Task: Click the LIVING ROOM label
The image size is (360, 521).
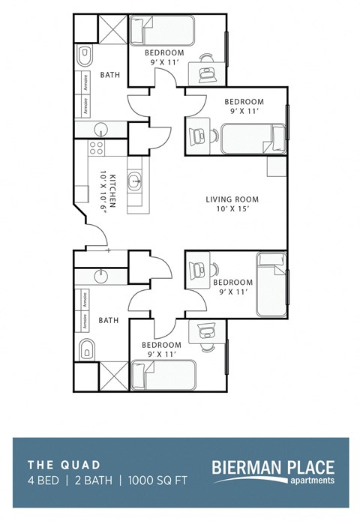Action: coord(232,199)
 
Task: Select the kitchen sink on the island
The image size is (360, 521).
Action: coord(136,181)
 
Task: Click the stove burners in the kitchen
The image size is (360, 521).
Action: coord(97,147)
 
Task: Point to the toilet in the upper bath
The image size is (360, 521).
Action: coord(85,55)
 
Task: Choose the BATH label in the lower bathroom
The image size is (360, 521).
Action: coord(109,321)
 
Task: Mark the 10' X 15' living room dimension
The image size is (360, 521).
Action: coord(232,210)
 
